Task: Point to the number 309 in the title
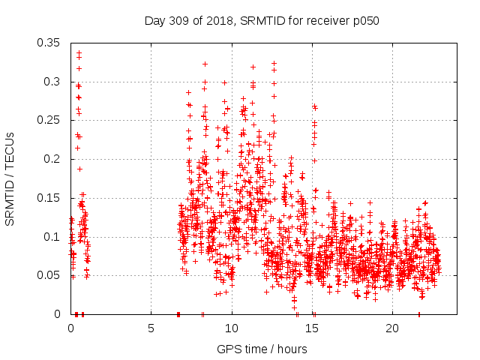coord(177,21)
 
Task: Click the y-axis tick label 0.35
coord(49,43)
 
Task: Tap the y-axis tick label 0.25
coord(49,120)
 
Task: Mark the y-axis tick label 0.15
coord(49,198)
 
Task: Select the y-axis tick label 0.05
coord(49,275)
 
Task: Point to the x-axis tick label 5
coord(151,328)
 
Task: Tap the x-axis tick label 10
coord(232,328)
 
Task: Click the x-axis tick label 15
coord(312,328)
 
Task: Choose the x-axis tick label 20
coord(392,328)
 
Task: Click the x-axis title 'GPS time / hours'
coord(262,349)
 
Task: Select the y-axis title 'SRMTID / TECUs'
coord(10,178)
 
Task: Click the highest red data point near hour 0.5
coord(79,53)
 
